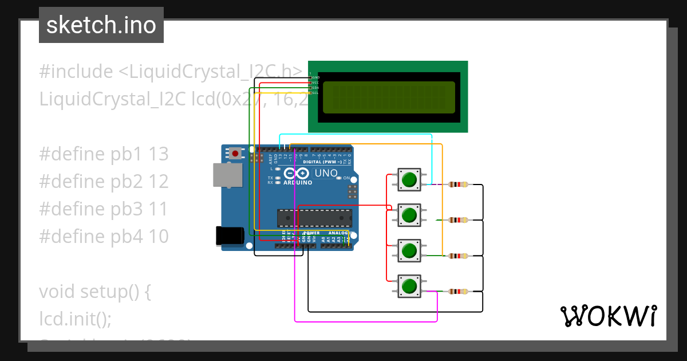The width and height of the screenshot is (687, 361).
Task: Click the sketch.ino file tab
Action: tap(101, 25)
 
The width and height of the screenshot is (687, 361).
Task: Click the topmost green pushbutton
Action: tap(409, 180)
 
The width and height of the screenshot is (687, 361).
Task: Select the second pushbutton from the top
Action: tap(409, 215)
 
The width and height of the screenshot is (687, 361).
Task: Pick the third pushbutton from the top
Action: tap(409, 250)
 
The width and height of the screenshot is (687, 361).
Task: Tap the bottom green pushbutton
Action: tap(409, 285)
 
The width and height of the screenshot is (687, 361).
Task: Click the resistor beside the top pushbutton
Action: tap(458, 185)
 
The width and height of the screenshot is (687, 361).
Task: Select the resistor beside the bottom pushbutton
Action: tap(458, 292)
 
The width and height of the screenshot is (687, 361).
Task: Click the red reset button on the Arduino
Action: tap(235, 153)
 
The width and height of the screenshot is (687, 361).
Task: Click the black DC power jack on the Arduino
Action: tap(229, 237)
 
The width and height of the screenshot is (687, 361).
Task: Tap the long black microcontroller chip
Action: tap(314, 218)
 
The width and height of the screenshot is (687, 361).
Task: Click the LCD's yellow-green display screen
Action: tap(389, 97)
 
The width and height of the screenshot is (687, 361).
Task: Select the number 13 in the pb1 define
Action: tap(159, 154)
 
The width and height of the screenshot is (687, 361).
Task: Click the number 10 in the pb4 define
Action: tap(159, 236)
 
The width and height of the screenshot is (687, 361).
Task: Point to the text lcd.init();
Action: tap(75, 318)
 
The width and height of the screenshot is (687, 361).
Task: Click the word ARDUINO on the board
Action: tap(298, 183)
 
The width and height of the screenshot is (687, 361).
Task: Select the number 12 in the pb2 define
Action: tap(159, 182)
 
